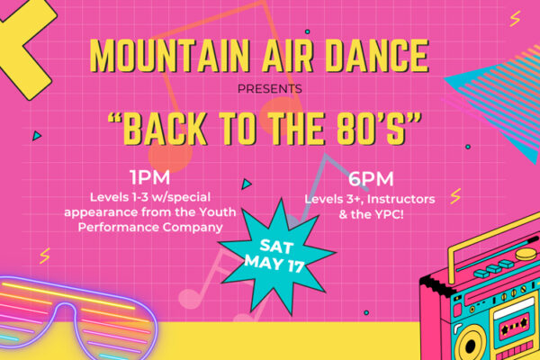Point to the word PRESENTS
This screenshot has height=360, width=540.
[x=270, y=89]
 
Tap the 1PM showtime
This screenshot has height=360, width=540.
[x=150, y=178]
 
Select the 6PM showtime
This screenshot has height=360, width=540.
[x=371, y=179]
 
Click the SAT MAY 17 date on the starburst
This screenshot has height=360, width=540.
[x=275, y=256]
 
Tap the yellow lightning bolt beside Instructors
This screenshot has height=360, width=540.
[x=455, y=196]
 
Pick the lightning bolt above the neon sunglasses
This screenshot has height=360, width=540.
[x=45, y=256]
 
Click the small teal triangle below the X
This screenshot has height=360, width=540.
[x=37, y=136]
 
